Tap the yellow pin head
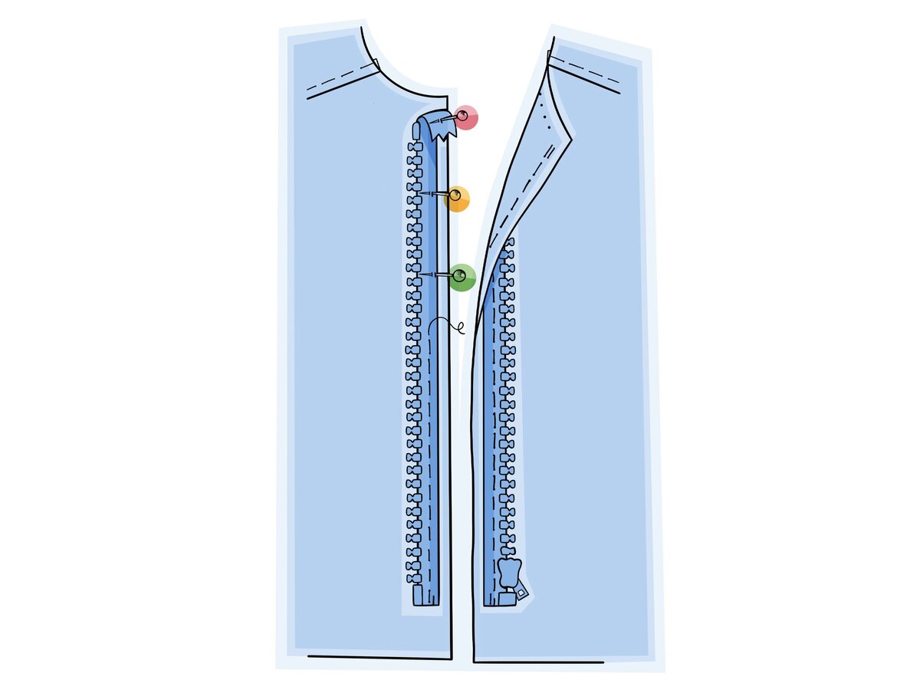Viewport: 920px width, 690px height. (x=458, y=199)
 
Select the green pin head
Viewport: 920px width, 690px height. (x=462, y=278)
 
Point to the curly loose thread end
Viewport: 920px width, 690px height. (x=459, y=329)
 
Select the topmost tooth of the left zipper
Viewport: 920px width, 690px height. (x=415, y=147)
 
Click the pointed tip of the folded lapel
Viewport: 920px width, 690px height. (x=571, y=140)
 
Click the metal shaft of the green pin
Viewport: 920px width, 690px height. (x=437, y=274)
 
